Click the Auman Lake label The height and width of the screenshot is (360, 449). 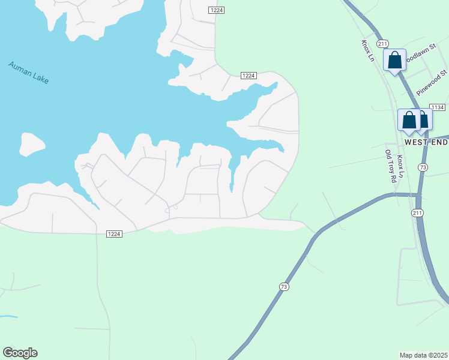click(x=28, y=73)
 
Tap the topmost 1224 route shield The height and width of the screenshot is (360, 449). click(x=217, y=11)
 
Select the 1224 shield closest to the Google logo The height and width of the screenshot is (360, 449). click(x=114, y=233)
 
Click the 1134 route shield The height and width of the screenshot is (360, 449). click(x=437, y=107)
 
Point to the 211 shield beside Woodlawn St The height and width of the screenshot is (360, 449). click(x=383, y=44)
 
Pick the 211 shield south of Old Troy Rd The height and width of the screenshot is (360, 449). click(x=417, y=213)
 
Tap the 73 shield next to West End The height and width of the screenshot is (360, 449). click(x=423, y=168)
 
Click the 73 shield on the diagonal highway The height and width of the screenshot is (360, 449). click(x=284, y=287)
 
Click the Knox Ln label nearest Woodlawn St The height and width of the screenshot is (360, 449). click(x=367, y=51)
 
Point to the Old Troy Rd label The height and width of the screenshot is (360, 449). click(x=391, y=166)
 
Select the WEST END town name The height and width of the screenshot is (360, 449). click(x=426, y=143)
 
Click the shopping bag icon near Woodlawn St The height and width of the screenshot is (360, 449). click(x=394, y=60)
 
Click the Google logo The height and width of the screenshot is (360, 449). click(x=20, y=353)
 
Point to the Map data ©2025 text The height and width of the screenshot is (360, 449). click(x=423, y=355)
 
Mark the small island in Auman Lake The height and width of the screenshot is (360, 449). click(x=32, y=144)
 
